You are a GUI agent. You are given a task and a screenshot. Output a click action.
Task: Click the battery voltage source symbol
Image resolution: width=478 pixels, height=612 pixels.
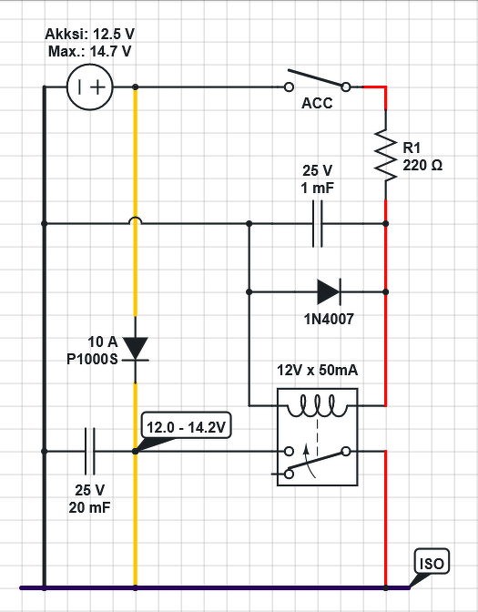[90, 87]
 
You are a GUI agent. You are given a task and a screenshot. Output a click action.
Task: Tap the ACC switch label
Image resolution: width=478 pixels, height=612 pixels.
[317, 104]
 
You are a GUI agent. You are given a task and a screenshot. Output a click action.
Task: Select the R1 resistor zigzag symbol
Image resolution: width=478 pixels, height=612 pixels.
[385, 156]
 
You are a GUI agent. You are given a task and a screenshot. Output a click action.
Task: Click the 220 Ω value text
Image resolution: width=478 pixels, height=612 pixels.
[422, 166]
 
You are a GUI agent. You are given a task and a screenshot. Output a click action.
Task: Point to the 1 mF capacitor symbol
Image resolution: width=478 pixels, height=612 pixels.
[318, 224]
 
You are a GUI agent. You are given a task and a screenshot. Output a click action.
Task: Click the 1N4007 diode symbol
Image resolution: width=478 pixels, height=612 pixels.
[329, 291]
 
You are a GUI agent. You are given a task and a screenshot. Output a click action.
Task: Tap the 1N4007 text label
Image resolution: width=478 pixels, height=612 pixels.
[329, 320]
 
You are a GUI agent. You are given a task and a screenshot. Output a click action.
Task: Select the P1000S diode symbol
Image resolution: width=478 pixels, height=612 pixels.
[136, 349]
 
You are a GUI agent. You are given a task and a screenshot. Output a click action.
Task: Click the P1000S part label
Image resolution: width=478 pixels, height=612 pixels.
[92, 359]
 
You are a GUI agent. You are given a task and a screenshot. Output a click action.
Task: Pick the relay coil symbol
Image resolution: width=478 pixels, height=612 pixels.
[317, 407]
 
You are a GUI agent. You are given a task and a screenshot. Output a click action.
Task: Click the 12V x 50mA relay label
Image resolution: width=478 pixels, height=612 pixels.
[317, 370]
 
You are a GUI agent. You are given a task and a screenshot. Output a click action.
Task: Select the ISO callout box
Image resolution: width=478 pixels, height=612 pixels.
[432, 561]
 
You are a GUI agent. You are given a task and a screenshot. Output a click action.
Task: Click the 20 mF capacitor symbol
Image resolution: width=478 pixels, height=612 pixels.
[90, 451]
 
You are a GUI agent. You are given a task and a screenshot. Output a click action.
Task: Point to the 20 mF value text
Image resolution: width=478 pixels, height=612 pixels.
[90, 508]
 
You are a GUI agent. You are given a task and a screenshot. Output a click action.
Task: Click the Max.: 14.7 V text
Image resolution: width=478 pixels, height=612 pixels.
[90, 52]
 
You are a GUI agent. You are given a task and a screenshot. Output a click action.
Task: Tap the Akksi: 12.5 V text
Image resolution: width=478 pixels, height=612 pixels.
[90, 35]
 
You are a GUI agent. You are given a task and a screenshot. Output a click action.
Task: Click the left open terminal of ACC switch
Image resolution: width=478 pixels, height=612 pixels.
[289, 87]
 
